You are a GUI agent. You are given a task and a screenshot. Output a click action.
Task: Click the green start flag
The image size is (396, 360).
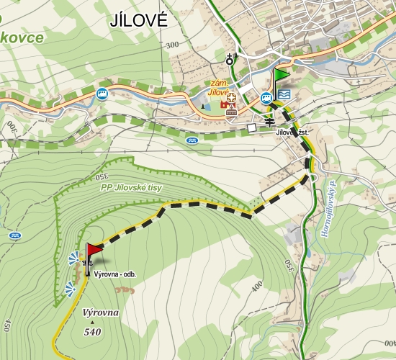click(279, 75)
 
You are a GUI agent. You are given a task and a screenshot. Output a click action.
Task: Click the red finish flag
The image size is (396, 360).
click(94, 251)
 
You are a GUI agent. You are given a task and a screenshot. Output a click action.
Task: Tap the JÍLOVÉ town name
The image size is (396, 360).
click(139, 20)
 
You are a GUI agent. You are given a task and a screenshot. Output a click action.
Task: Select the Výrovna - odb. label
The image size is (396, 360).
click(114, 274)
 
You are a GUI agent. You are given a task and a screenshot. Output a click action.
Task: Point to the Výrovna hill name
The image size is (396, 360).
click(101, 314)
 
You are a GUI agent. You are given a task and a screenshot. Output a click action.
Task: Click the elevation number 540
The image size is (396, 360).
click(91, 332)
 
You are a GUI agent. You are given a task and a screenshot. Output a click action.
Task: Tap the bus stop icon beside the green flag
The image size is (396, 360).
click(266, 96)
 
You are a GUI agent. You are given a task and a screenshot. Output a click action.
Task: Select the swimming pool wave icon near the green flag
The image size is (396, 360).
click(284, 94)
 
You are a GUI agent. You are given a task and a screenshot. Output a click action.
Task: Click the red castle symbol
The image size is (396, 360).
click(231, 109)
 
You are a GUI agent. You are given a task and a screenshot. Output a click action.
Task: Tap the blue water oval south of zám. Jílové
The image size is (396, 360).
click(192, 140)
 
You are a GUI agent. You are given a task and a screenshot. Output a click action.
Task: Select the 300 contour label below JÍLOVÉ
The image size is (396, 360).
click(171, 45)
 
